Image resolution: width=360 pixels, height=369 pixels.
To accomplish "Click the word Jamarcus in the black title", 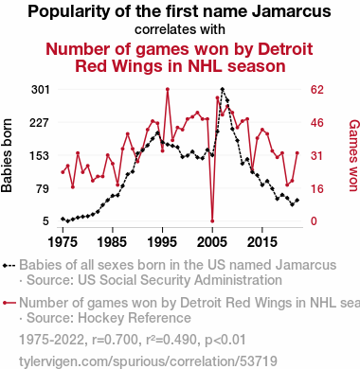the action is point(291,11).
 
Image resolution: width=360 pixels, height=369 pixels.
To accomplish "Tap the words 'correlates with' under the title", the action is point(180,29).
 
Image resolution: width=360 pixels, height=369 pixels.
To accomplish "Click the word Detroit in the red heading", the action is point(285,49).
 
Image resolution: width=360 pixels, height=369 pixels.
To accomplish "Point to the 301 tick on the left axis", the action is point(41,90).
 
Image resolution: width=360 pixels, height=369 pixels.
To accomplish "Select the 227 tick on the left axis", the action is point(40,122).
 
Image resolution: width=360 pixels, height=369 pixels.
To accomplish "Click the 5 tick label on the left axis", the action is point(46,221).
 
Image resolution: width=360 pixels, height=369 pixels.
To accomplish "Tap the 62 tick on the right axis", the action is point(317,90).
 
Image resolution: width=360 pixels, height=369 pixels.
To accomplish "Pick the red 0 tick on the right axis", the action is point(314,221).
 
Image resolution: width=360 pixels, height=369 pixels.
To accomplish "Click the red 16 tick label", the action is point(317,188).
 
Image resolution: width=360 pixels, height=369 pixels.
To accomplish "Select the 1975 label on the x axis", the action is point(63,242).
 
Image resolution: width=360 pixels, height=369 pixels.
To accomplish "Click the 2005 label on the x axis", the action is point(212,242).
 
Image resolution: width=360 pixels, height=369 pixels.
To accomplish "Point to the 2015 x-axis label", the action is point(262,242).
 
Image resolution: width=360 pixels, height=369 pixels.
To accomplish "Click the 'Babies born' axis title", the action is point(7,155).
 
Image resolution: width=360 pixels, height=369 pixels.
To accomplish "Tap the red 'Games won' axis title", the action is point(353,155).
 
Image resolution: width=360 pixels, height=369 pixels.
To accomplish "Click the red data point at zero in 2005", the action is point(212,221).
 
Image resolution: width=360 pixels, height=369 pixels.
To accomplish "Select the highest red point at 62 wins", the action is point(168,90).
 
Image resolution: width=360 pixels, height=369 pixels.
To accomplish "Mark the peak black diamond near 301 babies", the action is point(223,90).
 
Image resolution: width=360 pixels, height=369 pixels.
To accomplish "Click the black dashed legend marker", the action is point(9,266).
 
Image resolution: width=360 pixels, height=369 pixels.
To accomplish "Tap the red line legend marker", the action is point(9,303).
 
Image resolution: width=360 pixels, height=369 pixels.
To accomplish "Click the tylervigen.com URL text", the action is point(148,361).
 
